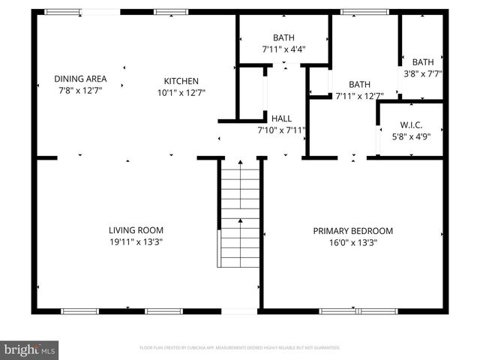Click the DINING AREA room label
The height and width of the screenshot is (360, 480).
click(x=80, y=79)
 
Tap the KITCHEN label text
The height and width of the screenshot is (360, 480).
click(x=181, y=81)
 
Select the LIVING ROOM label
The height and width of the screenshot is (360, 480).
click(x=136, y=230)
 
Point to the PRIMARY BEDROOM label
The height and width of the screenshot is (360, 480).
click(x=352, y=231)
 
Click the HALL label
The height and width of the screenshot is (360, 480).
click(x=281, y=118)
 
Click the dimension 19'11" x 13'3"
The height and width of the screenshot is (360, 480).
click(x=136, y=242)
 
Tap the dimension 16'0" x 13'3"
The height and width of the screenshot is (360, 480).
click(x=352, y=242)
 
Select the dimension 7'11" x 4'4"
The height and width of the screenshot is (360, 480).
click(x=283, y=49)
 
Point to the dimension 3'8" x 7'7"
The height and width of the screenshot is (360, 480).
click(x=423, y=73)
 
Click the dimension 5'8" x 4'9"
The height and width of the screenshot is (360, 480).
click(x=411, y=136)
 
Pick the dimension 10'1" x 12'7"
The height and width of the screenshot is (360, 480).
click(x=181, y=92)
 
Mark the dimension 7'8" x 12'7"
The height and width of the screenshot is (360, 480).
click(x=80, y=90)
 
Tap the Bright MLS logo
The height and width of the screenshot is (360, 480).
click(x=30, y=349)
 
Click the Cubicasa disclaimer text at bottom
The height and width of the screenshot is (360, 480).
click(x=240, y=348)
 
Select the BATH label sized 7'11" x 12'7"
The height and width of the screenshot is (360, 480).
click(x=359, y=84)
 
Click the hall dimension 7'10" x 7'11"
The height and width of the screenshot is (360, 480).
click(x=281, y=130)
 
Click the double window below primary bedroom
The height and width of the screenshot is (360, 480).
click(x=358, y=310)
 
